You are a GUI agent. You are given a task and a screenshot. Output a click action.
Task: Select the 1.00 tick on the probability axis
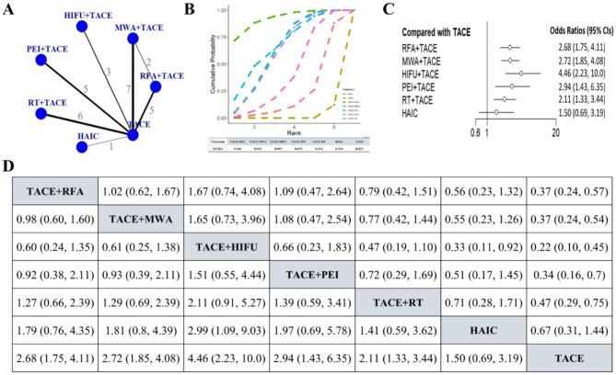click(221, 10)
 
